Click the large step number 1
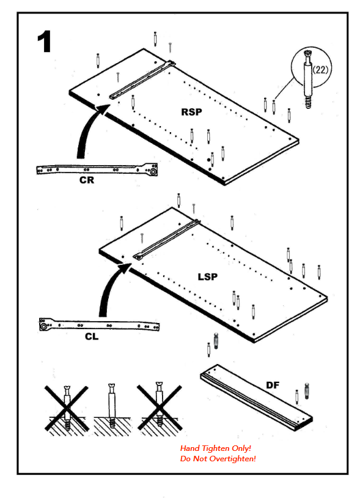pyautogui.click(x=45, y=42)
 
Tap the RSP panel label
pyautogui.click(x=191, y=112)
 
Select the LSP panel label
pyautogui.click(x=208, y=277)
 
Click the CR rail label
pyautogui.click(x=87, y=180)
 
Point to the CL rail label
pyautogui.click(x=92, y=336)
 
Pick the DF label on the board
pyautogui.click(x=273, y=385)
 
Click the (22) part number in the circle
pyautogui.click(x=320, y=70)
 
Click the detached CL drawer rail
pyautogui.click(x=99, y=325)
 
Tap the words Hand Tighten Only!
pyautogui.click(x=216, y=448)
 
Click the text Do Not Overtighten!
pyautogui.click(x=218, y=459)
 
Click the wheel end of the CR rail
pyautogui.click(x=153, y=172)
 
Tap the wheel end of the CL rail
pyautogui.click(x=43, y=326)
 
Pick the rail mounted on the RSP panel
pyautogui.click(x=142, y=80)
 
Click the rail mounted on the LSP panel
pyautogui.click(x=167, y=239)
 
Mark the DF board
pyautogui.click(x=256, y=397)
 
